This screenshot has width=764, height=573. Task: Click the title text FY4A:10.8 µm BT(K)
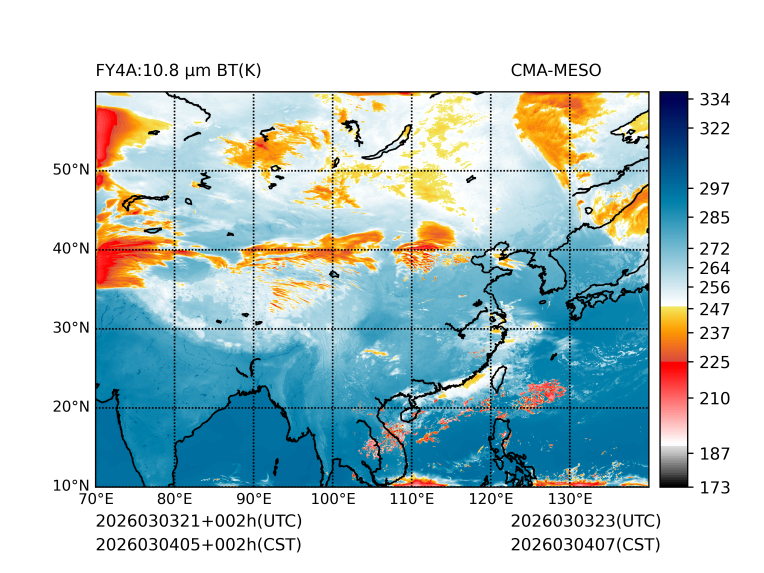click(178, 71)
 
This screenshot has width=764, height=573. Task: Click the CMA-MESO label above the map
click(555, 71)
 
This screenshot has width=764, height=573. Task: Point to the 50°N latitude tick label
click(71, 170)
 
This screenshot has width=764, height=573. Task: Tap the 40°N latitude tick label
click(71, 249)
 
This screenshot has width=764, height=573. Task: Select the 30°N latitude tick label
click(71, 328)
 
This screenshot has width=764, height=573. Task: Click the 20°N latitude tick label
click(71, 407)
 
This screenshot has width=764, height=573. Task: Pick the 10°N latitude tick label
click(71, 486)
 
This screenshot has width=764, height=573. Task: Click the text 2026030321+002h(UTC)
click(198, 522)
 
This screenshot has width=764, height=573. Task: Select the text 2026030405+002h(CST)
click(198, 545)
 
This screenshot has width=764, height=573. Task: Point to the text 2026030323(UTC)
click(585, 522)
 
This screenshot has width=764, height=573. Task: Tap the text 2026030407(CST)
click(585, 545)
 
